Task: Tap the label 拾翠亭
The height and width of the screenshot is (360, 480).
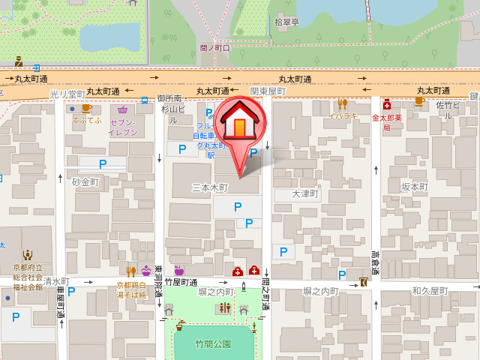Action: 286,22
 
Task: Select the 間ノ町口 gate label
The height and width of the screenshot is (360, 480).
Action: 215,48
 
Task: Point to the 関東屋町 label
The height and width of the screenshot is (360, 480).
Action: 268,91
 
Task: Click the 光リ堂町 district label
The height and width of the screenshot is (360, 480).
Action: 67,94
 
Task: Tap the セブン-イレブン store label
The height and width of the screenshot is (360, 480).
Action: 122,127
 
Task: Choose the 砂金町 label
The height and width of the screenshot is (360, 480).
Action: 85,182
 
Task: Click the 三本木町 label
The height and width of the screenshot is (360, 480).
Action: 210,187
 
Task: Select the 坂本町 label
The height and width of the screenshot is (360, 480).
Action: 414,187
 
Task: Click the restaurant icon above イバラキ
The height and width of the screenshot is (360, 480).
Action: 342,103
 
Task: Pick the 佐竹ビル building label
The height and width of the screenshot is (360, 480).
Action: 447,111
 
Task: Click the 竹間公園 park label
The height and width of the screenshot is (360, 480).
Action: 213,344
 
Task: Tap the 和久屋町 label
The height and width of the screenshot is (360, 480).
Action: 430,290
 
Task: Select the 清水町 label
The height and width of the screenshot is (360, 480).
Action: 56,281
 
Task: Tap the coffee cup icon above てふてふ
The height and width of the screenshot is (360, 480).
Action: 86,108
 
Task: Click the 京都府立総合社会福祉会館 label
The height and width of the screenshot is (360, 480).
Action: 28,277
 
